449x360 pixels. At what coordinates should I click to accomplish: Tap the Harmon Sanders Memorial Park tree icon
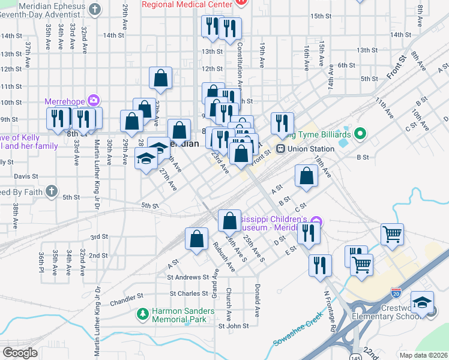click(x=142, y=314)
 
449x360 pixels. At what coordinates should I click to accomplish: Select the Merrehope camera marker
click(x=94, y=100)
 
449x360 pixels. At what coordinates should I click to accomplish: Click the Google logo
click(x=20, y=353)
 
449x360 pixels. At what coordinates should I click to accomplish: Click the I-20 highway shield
click(x=396, y=293)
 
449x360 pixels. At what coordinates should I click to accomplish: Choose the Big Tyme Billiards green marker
click(x=360, y=132)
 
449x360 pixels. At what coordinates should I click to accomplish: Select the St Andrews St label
click(x=188, y=277)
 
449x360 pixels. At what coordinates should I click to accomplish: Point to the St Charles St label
click(x=189, y=294)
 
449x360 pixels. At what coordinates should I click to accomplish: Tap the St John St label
click(x=233, y=326)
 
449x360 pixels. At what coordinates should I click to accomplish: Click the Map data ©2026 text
click(x=423, y=355)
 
